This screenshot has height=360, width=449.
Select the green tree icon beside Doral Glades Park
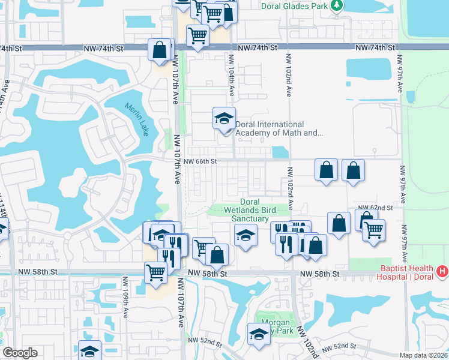[337, 6]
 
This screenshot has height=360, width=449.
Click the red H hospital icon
[442, 272]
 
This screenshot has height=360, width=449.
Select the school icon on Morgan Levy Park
[259, 335]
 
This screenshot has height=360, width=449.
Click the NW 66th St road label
[200, 161]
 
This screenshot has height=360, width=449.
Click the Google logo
[20, 353]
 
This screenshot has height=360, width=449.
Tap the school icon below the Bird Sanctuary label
[246, 236]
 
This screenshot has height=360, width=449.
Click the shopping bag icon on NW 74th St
[160, 50]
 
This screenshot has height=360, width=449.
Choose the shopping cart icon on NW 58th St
[156, 272]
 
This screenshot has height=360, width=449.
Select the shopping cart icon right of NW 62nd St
[373, 229]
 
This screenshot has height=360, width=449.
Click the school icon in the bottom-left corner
[89, 351]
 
